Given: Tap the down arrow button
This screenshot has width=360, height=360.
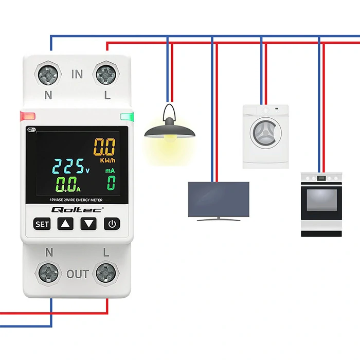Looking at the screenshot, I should [89, 224].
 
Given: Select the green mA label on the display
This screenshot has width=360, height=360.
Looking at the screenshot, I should [110, 170].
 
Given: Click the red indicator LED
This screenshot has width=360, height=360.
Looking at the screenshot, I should [27, 116].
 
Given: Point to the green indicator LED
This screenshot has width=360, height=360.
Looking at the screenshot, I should [127, 116].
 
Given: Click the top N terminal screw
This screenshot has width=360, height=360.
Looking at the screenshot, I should [48, 75].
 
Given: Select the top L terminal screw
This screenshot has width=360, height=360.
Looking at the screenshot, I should [106, 75].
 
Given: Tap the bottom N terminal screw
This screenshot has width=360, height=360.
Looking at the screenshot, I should [48, 273].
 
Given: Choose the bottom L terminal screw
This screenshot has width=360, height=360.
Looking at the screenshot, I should [106, 273].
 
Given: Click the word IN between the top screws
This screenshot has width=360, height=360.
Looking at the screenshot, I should [77, 75].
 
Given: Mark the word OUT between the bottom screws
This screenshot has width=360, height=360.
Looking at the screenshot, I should [77, 274].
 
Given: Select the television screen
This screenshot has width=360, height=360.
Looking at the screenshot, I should [219, 200].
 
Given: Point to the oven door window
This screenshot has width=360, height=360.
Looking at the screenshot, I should [321, 200].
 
